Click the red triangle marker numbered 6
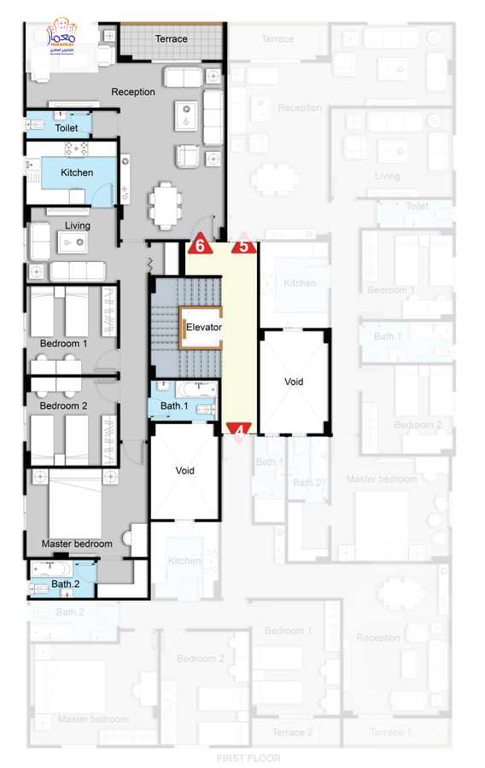(200, 245)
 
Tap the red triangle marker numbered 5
(243, 245)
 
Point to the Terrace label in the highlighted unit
(171, 39)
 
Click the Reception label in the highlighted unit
(133, 91)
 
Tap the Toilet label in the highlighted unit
(67, 128)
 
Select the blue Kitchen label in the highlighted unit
(77, 172)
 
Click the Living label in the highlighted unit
(78, 226)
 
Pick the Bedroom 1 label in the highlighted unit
(63, 344)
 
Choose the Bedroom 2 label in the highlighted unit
(63, 406)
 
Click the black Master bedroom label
(77, 544)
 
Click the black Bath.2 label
(65, 584)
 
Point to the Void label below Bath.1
(185, 470)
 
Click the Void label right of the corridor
(293, 381)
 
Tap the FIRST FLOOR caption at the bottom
(248, 758)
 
